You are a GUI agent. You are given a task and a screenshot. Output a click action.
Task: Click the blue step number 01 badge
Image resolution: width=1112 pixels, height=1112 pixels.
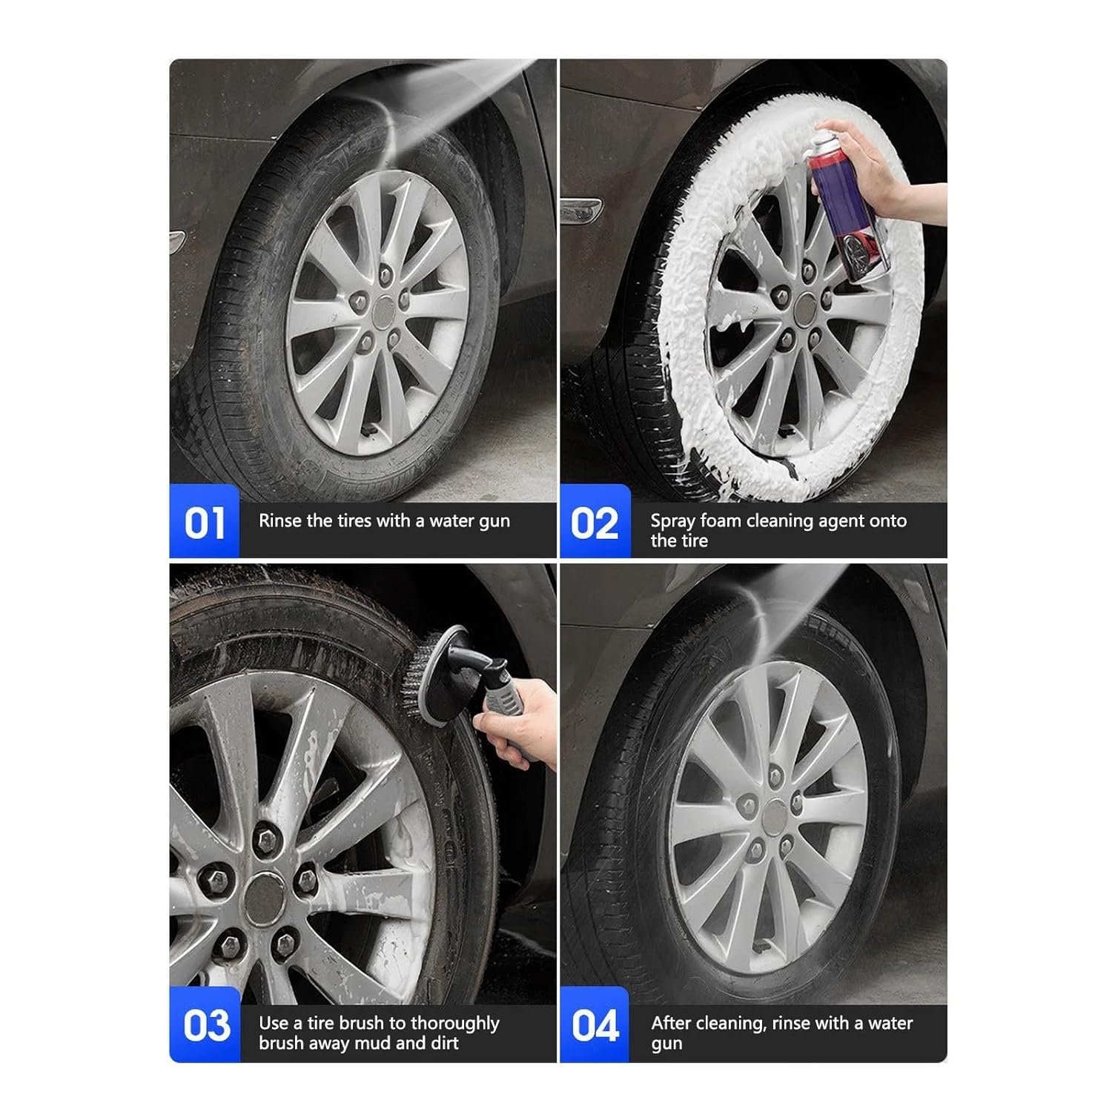coord(205,521)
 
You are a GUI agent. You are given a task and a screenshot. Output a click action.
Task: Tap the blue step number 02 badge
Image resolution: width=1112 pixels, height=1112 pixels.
coord(595,521)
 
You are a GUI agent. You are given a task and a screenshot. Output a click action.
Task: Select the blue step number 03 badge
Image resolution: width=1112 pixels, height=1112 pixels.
coord(205,1025)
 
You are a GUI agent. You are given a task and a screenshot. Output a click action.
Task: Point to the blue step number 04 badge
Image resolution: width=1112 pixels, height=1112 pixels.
coord(595,1025)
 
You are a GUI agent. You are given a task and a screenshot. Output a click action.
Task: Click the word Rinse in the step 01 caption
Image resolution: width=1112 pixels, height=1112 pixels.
coord(280,520)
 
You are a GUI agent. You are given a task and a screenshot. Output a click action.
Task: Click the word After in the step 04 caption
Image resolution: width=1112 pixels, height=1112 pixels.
coord(672,1023)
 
